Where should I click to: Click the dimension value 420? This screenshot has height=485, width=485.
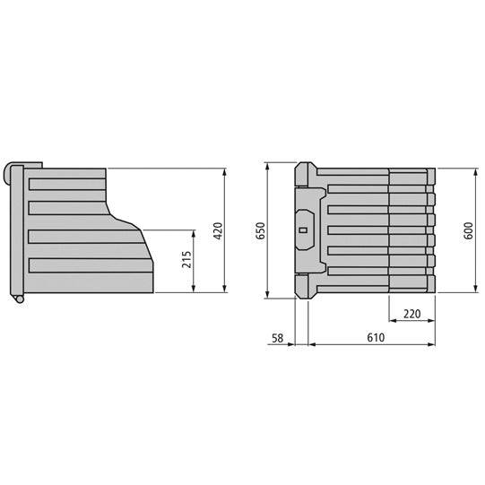coord(216,230)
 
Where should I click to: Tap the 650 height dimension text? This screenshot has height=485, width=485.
coord(261,230)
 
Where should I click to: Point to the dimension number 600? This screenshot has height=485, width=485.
coord(467,230)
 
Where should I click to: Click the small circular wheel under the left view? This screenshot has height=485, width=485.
coord(16,299)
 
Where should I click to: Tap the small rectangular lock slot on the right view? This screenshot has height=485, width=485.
coord(303,230)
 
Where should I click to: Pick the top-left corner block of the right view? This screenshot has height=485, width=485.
coord(304,170)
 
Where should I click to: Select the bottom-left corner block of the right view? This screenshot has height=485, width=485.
coord(304,290)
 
